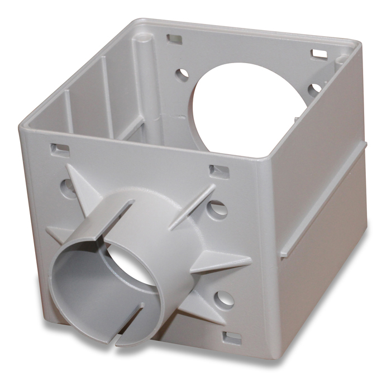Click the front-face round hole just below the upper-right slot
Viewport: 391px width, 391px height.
215,208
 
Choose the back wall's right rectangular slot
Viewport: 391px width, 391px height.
320,54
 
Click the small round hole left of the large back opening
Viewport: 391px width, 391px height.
182,73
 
